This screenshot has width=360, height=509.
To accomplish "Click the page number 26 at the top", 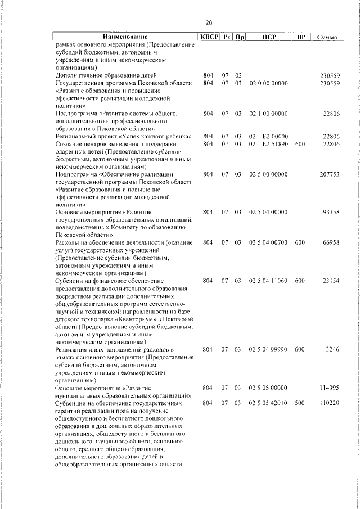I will (209, 23).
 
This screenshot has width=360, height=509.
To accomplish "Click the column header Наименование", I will (125, 37).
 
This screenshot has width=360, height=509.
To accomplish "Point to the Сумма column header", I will (327, 37).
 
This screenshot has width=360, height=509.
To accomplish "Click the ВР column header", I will (301, 37).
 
